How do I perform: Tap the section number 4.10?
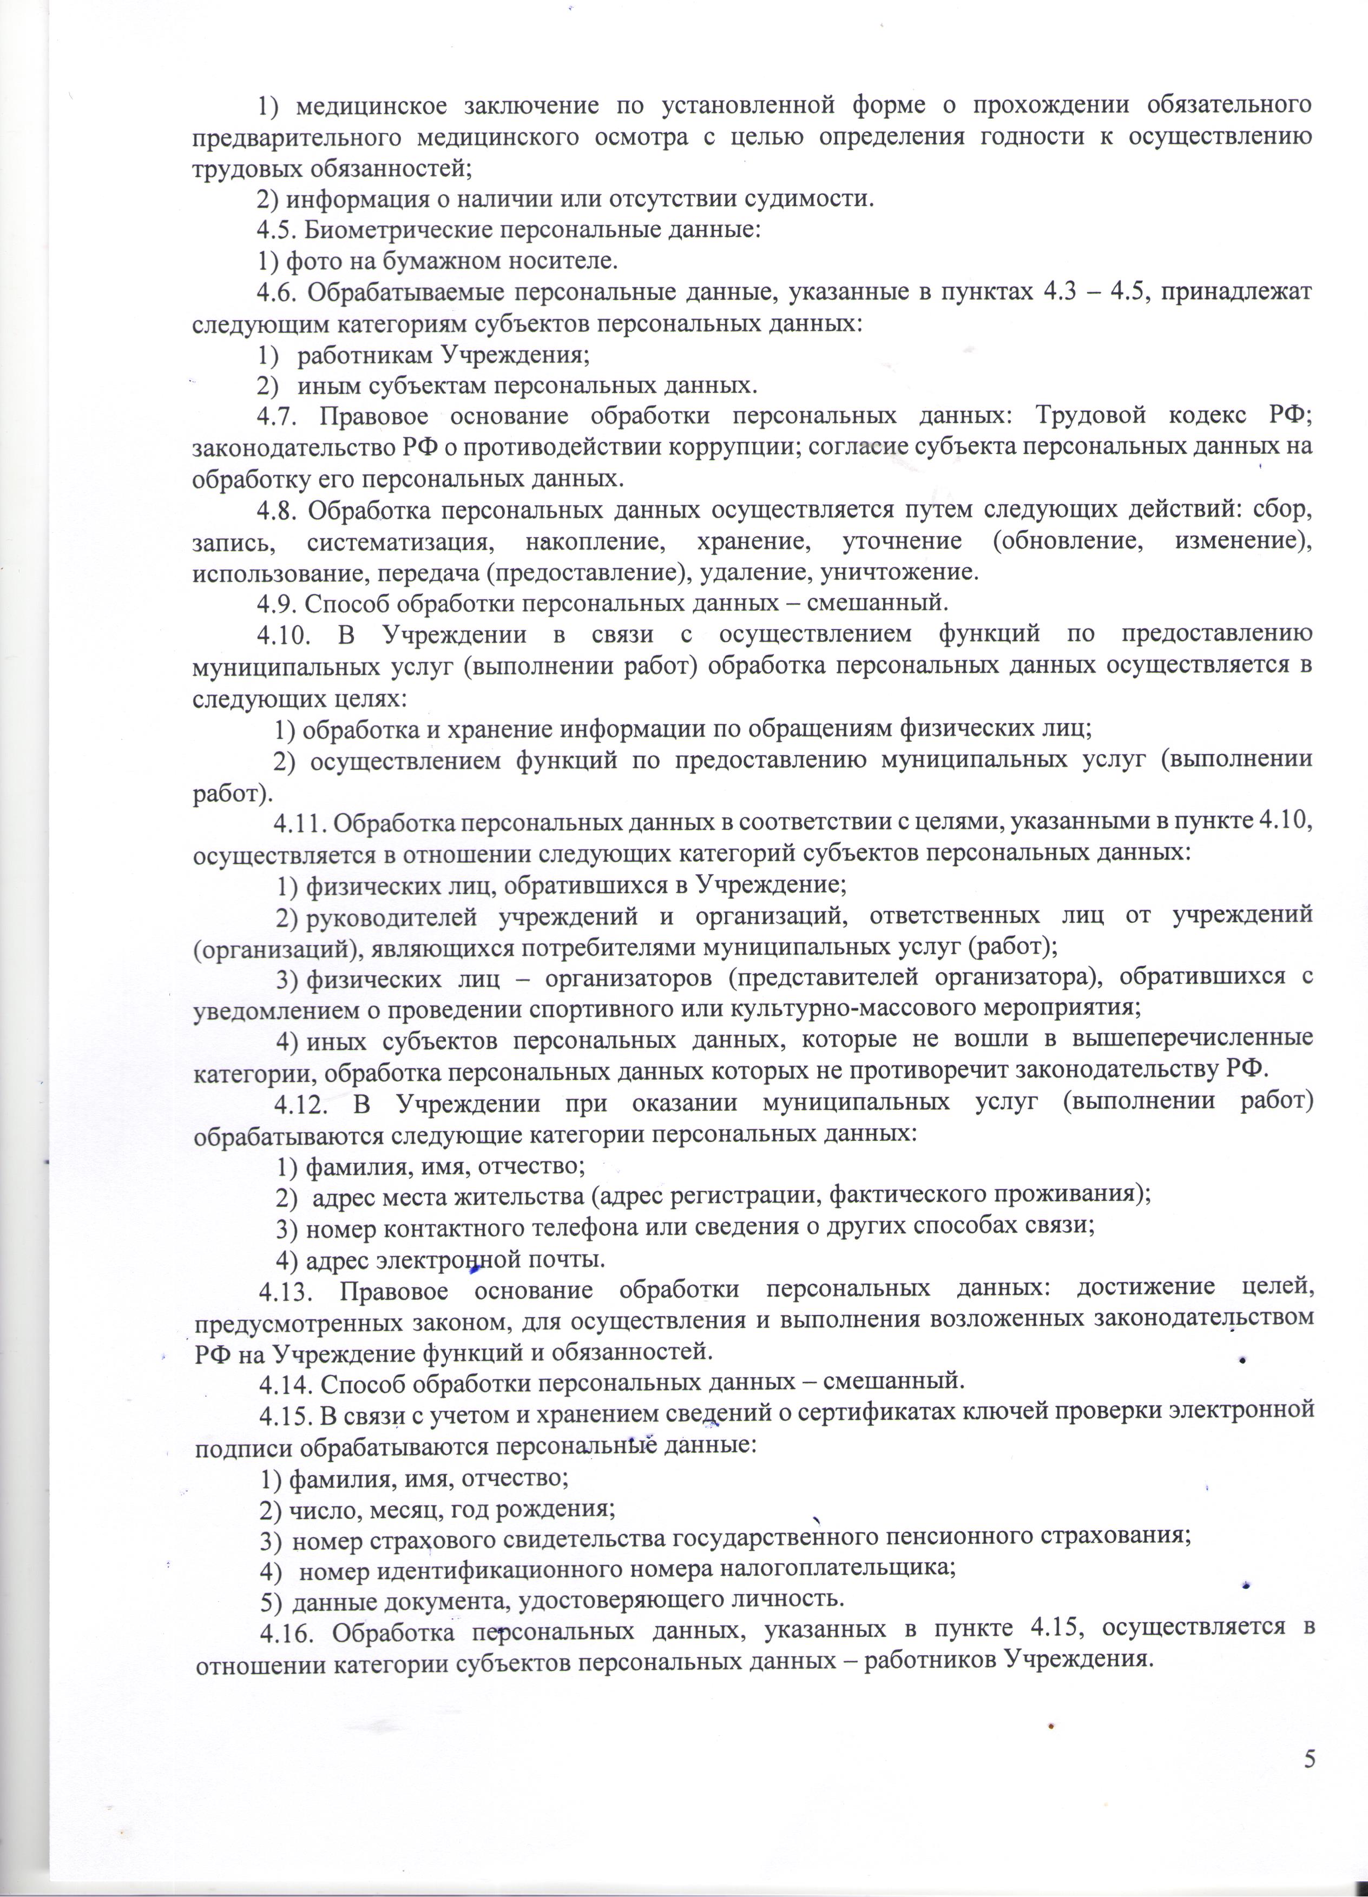285,633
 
